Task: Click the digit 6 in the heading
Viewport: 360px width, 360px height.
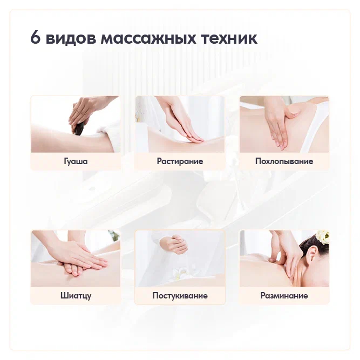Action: click(36, 37)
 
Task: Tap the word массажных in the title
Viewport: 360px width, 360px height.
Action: click(148, 38)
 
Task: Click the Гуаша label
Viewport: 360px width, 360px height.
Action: click(76, 161)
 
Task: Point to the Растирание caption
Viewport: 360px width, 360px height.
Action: click(180, 161)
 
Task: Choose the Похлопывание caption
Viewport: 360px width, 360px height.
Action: click(284, 161)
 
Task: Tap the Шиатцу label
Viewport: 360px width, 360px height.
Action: click(76, 295)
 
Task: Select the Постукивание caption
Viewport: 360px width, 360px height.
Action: click(180, 295)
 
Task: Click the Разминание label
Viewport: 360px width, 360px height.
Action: click(284, 295)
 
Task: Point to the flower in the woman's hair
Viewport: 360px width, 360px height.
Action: click(322, 237)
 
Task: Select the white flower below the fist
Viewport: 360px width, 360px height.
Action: click(181, 274)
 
